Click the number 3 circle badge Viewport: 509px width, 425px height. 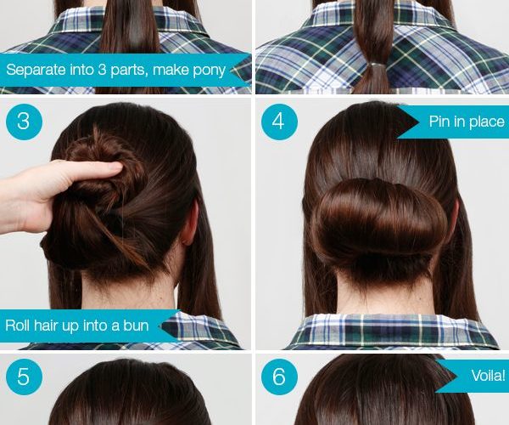(x=24, y=122)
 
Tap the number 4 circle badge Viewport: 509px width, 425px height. (x=279, y=122)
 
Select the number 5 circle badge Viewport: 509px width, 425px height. (x=24, y=377)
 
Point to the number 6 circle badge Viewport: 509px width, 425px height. (x=279, y=377)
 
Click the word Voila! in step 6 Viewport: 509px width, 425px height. (x=489, y=376)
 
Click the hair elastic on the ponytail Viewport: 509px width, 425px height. (x=376, y=65)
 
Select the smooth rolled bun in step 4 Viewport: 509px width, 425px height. (x=379, y=221)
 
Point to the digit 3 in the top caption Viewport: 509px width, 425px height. (x=102, y=70)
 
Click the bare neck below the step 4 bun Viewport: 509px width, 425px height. (x=384, y=294)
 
